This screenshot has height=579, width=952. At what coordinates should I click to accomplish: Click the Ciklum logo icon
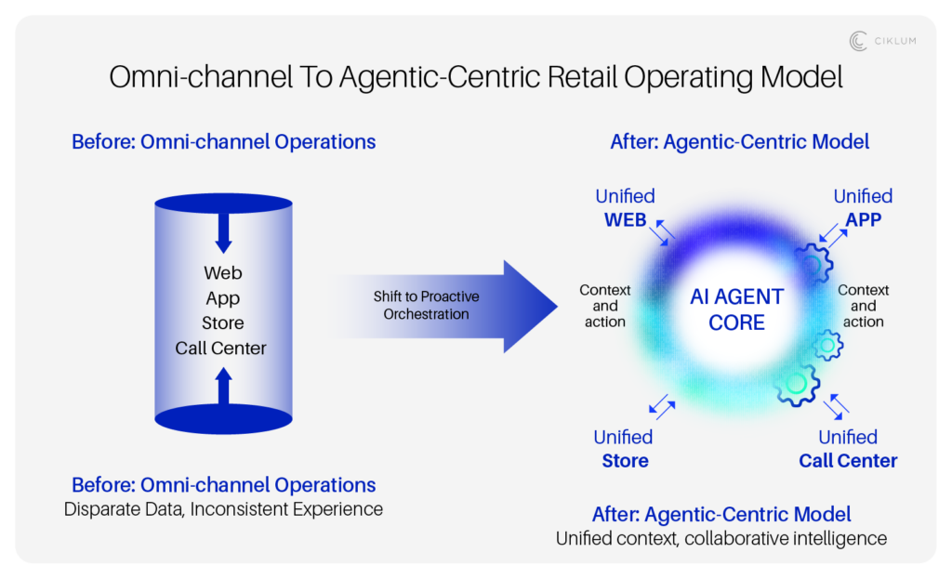tap(858, 41)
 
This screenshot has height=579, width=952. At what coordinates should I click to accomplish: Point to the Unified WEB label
tap(625, 208)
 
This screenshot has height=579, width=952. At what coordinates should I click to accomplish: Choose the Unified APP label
tap(862, 208)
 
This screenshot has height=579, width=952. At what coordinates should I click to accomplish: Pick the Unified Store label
tap(624, 448)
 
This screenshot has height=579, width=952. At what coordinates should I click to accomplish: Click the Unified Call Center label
tap(848, 448)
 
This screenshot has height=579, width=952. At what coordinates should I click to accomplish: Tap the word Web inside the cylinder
tap(222, 273)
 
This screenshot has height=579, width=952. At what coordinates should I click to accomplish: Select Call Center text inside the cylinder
tap(221, 349)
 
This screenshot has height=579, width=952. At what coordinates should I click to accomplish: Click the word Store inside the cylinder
tap(222, 323)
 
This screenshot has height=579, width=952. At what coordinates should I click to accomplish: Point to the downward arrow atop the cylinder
tap(223, 232)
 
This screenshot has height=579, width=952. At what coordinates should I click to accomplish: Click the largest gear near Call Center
tap(796, 383)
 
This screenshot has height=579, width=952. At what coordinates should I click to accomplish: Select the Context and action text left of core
tap(604, 306)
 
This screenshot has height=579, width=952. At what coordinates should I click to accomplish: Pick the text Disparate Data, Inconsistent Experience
tap(223, 509)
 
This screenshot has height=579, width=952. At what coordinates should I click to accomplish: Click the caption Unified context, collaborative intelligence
tap(721, 538)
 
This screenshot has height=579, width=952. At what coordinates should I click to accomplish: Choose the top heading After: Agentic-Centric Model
tap(740, 142)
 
